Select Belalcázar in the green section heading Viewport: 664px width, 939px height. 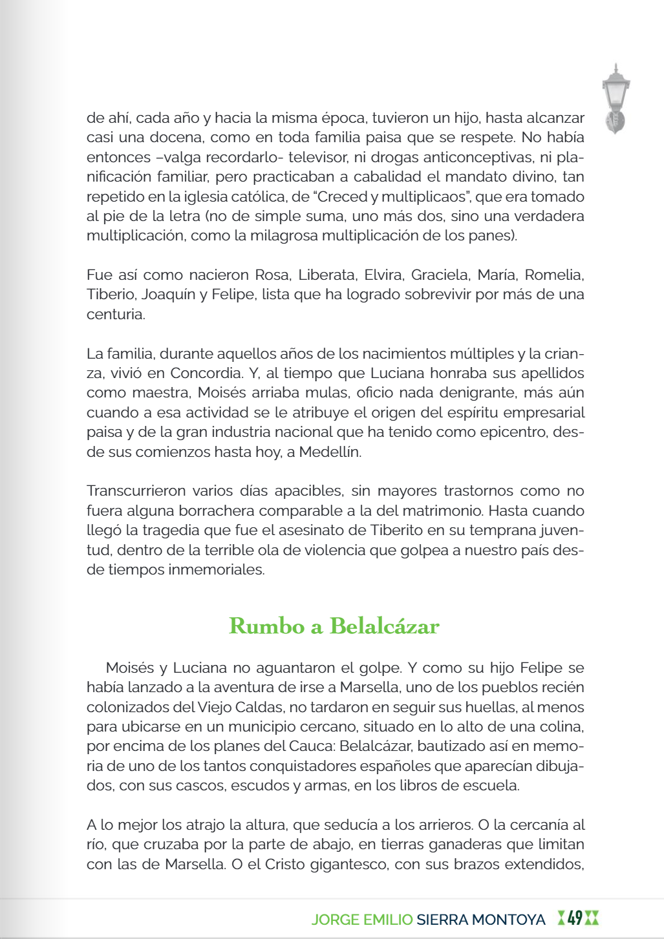pos(385,626)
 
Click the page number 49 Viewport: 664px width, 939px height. pos(575,918)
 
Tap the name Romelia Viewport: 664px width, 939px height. pos(554,275)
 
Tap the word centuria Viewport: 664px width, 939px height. pos(116,315)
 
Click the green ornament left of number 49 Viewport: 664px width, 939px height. pos(561,918)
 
